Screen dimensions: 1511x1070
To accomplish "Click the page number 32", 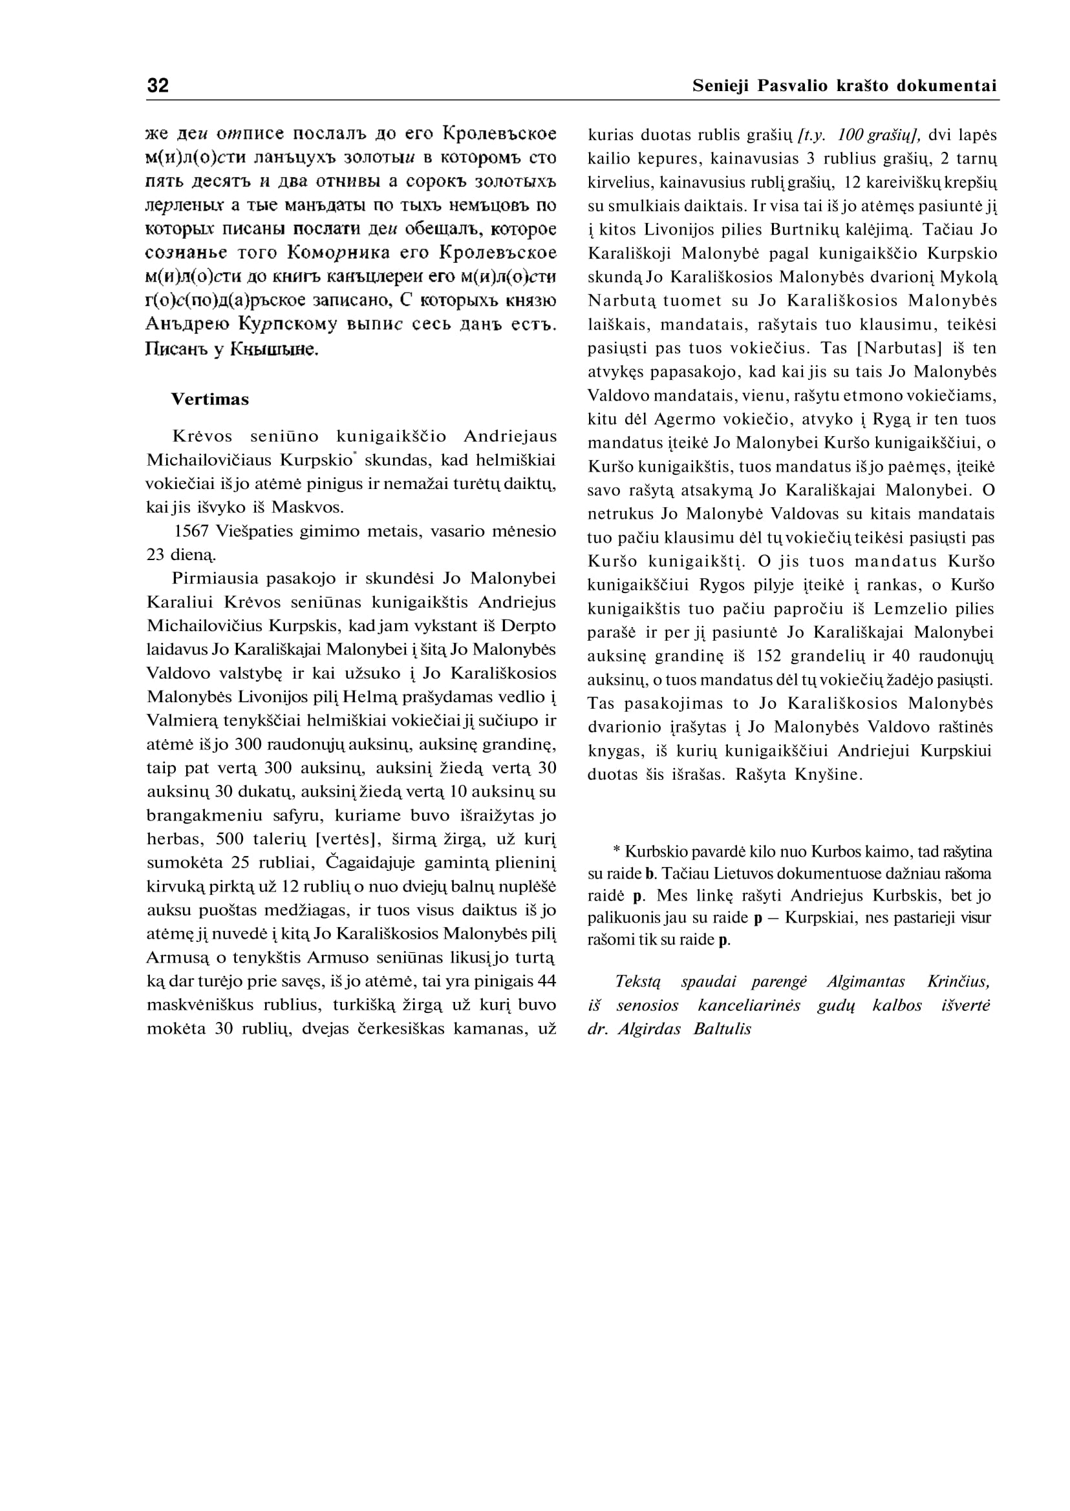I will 158,85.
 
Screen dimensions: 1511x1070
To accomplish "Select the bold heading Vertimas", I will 209,400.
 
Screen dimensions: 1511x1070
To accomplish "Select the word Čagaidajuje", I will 372,863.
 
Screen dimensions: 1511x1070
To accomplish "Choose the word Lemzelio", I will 900,610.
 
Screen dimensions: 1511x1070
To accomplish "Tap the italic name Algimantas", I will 866,983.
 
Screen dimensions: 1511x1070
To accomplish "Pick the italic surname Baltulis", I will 722,1030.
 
